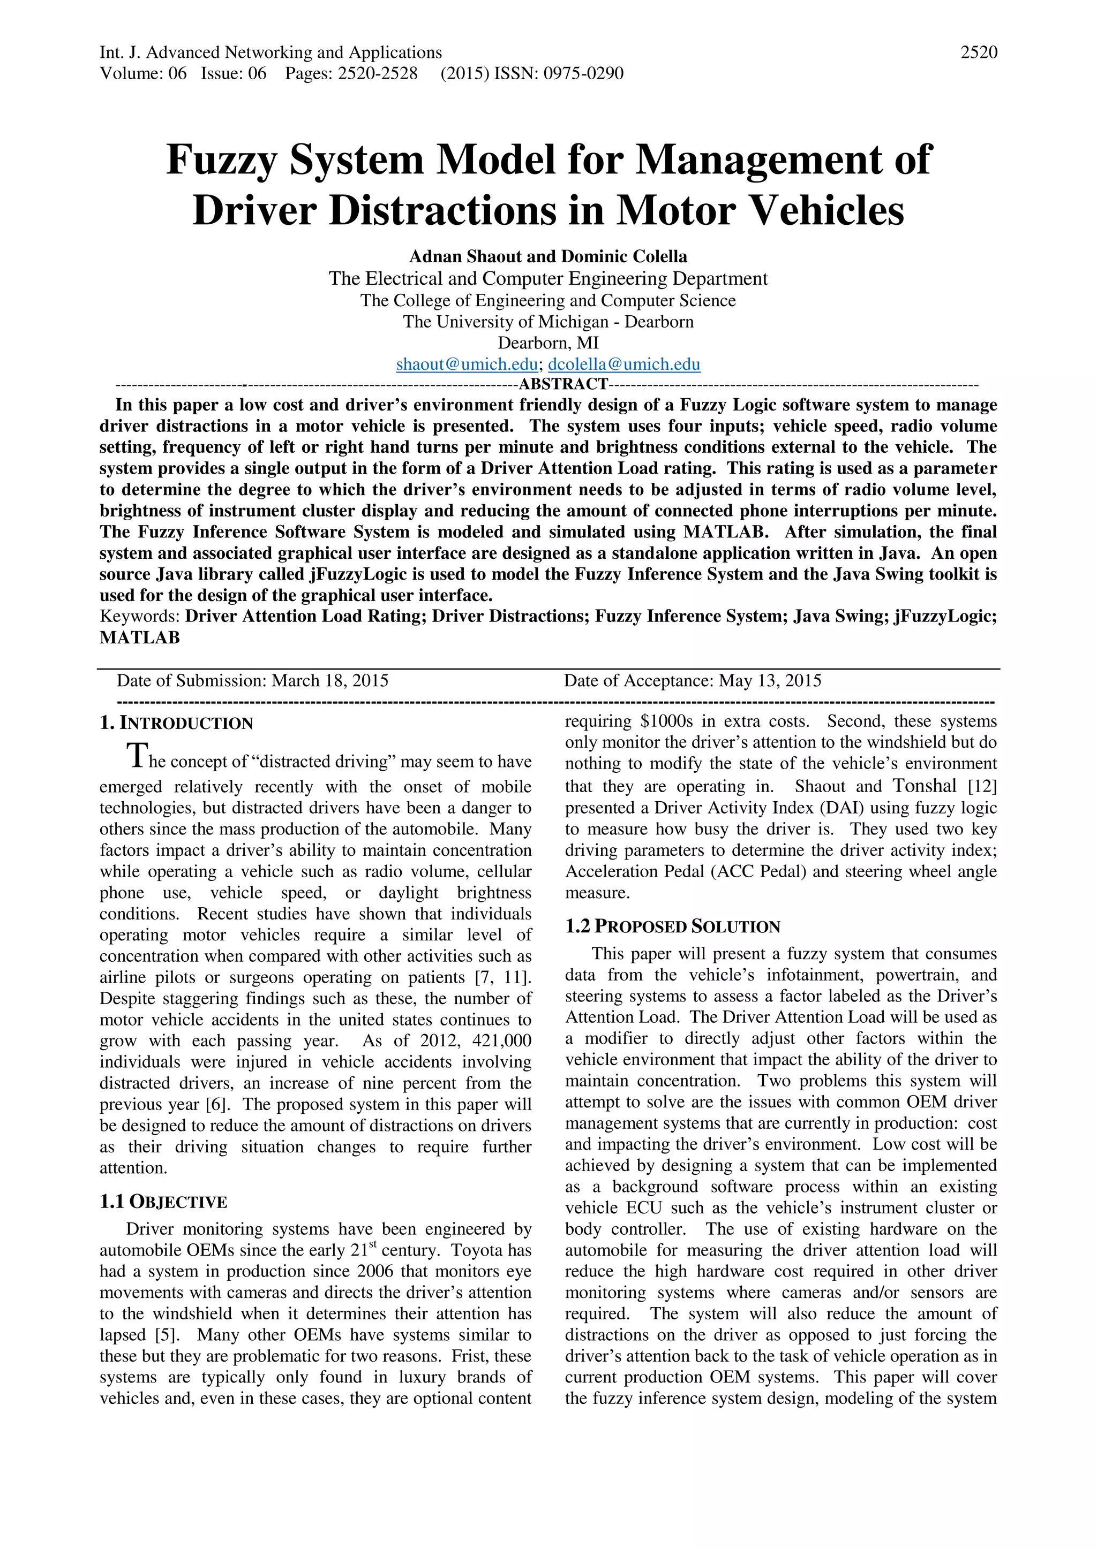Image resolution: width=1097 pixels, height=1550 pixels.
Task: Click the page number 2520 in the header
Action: pos(979,52)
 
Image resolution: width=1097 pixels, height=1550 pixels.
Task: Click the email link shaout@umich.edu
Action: pos(467,364)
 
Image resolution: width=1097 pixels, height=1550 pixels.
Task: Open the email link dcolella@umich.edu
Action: pos(624,364)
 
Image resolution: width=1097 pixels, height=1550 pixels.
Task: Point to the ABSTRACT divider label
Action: pos(562,384)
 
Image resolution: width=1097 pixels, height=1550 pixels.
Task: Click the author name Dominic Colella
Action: pos(623,256)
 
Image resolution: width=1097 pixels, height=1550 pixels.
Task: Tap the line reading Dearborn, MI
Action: pos(548,343)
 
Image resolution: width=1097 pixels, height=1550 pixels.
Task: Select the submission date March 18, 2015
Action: pos(329,680)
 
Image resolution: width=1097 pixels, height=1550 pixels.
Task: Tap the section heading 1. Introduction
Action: pos(176,723)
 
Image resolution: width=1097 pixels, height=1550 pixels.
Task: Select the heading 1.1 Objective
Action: pos(163,1202)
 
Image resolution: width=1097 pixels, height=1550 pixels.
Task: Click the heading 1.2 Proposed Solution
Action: pos(672,927)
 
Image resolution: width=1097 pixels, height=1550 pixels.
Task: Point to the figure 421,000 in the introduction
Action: pos(501,1041)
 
